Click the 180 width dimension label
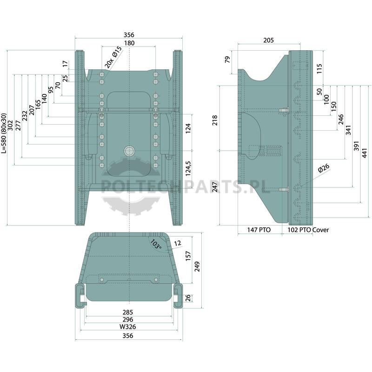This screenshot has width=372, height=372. (129, 43)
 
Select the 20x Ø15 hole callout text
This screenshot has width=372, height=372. (113, 57)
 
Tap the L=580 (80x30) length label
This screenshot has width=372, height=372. (4, 133)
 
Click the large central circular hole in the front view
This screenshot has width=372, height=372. (129, 151)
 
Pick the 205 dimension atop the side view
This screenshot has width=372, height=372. (269, 40)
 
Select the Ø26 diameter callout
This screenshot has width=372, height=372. (324, 168)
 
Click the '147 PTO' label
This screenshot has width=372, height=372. (259, 230)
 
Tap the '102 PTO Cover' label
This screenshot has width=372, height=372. (308, 230)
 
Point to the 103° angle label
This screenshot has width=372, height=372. (156, 244)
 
